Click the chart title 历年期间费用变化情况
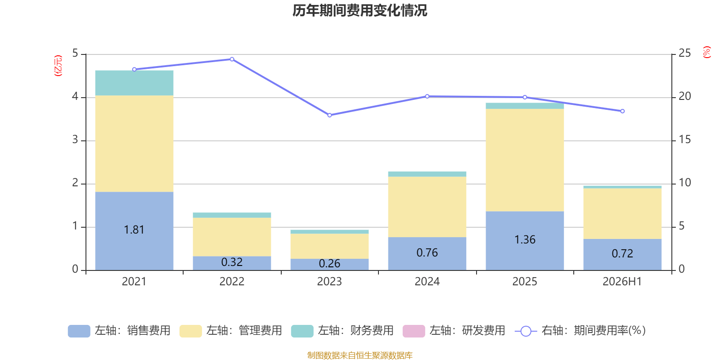point(360,11)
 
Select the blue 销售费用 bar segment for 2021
point(135,231)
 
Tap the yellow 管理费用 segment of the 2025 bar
point(525,160)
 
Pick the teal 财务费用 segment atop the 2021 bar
point(135,83)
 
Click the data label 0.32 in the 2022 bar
point(232,262)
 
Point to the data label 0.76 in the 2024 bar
point(427,252)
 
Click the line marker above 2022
point(232,59)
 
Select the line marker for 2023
point(329,115)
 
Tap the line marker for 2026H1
point(622,111)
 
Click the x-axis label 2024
point(427,282)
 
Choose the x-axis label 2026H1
point(622,282)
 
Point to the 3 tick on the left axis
point(75,139)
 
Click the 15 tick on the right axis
point(684,139)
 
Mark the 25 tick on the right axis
point(684,53)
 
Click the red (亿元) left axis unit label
point(58,66)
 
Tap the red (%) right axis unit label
point(706,52)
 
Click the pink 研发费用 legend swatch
point(414,331)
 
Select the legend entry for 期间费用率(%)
point(580,331)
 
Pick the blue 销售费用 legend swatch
point(79,331)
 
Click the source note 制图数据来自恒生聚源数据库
point(360,355)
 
